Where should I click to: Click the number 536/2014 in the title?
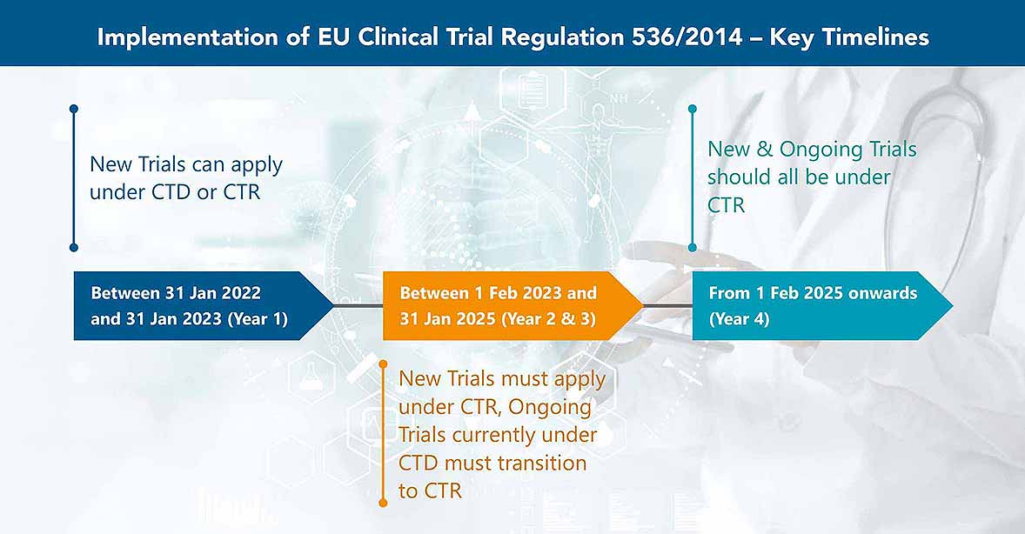[x=687, y=37]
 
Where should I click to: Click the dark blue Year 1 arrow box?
[x=204, y=306]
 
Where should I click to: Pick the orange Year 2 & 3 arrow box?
[x=513, y=306]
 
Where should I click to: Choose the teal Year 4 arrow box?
[x=822, y=306]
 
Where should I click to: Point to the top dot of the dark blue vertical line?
[x=74, y=109]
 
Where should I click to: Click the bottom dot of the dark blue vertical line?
[x=74, y=247]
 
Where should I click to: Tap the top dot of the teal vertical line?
[x=693, y=109]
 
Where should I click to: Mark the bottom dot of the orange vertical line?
[x=383, y=503]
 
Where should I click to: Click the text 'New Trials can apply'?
[x=186, y=164]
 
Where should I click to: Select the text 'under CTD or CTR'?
[x=175, y=192]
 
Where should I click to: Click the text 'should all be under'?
[x=799, y=177]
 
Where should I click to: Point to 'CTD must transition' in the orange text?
[x=492, y=464]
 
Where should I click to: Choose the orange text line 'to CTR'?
[x=430, y=491]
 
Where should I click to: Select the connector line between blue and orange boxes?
[x=358, y=306]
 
